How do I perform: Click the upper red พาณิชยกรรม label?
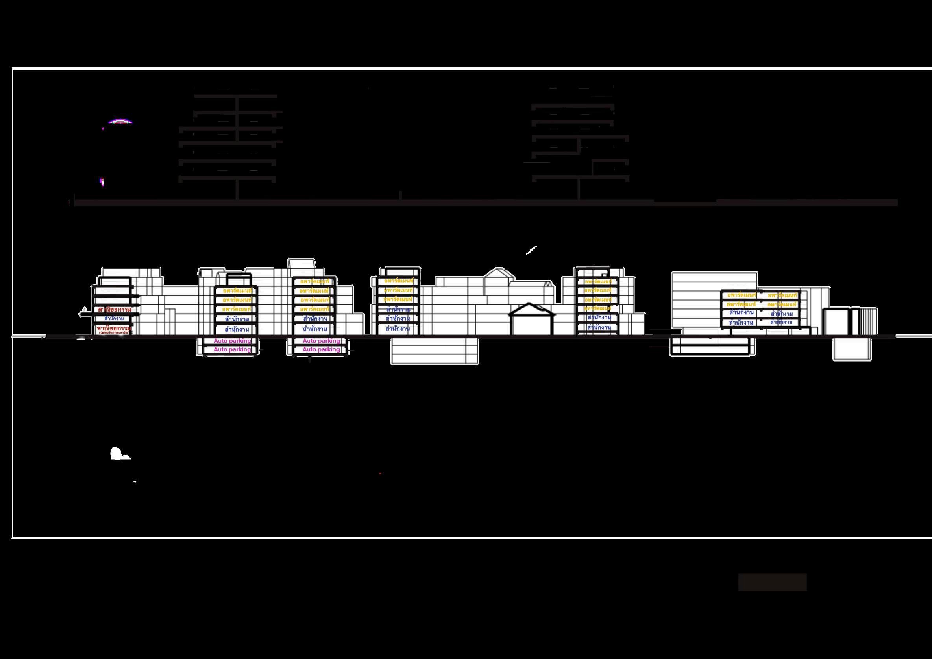click(115, 310)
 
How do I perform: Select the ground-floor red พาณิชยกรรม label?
click(114, 327)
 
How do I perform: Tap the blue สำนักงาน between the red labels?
click(114, 319)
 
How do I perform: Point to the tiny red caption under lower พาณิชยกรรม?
click(114, 333)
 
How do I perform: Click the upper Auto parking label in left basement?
click(232, 341)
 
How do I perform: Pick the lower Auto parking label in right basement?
click(321, 349)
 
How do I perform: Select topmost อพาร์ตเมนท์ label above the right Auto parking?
click(314, 281)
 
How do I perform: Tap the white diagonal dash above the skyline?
click(531, 250)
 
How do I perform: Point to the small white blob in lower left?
click(119, 454)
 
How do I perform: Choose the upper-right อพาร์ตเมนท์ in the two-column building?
click(782, 295)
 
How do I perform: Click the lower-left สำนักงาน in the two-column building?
click(741, 323)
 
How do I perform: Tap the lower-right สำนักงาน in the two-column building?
click(781, 322)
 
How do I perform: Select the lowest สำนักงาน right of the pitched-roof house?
click(599, 327)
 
